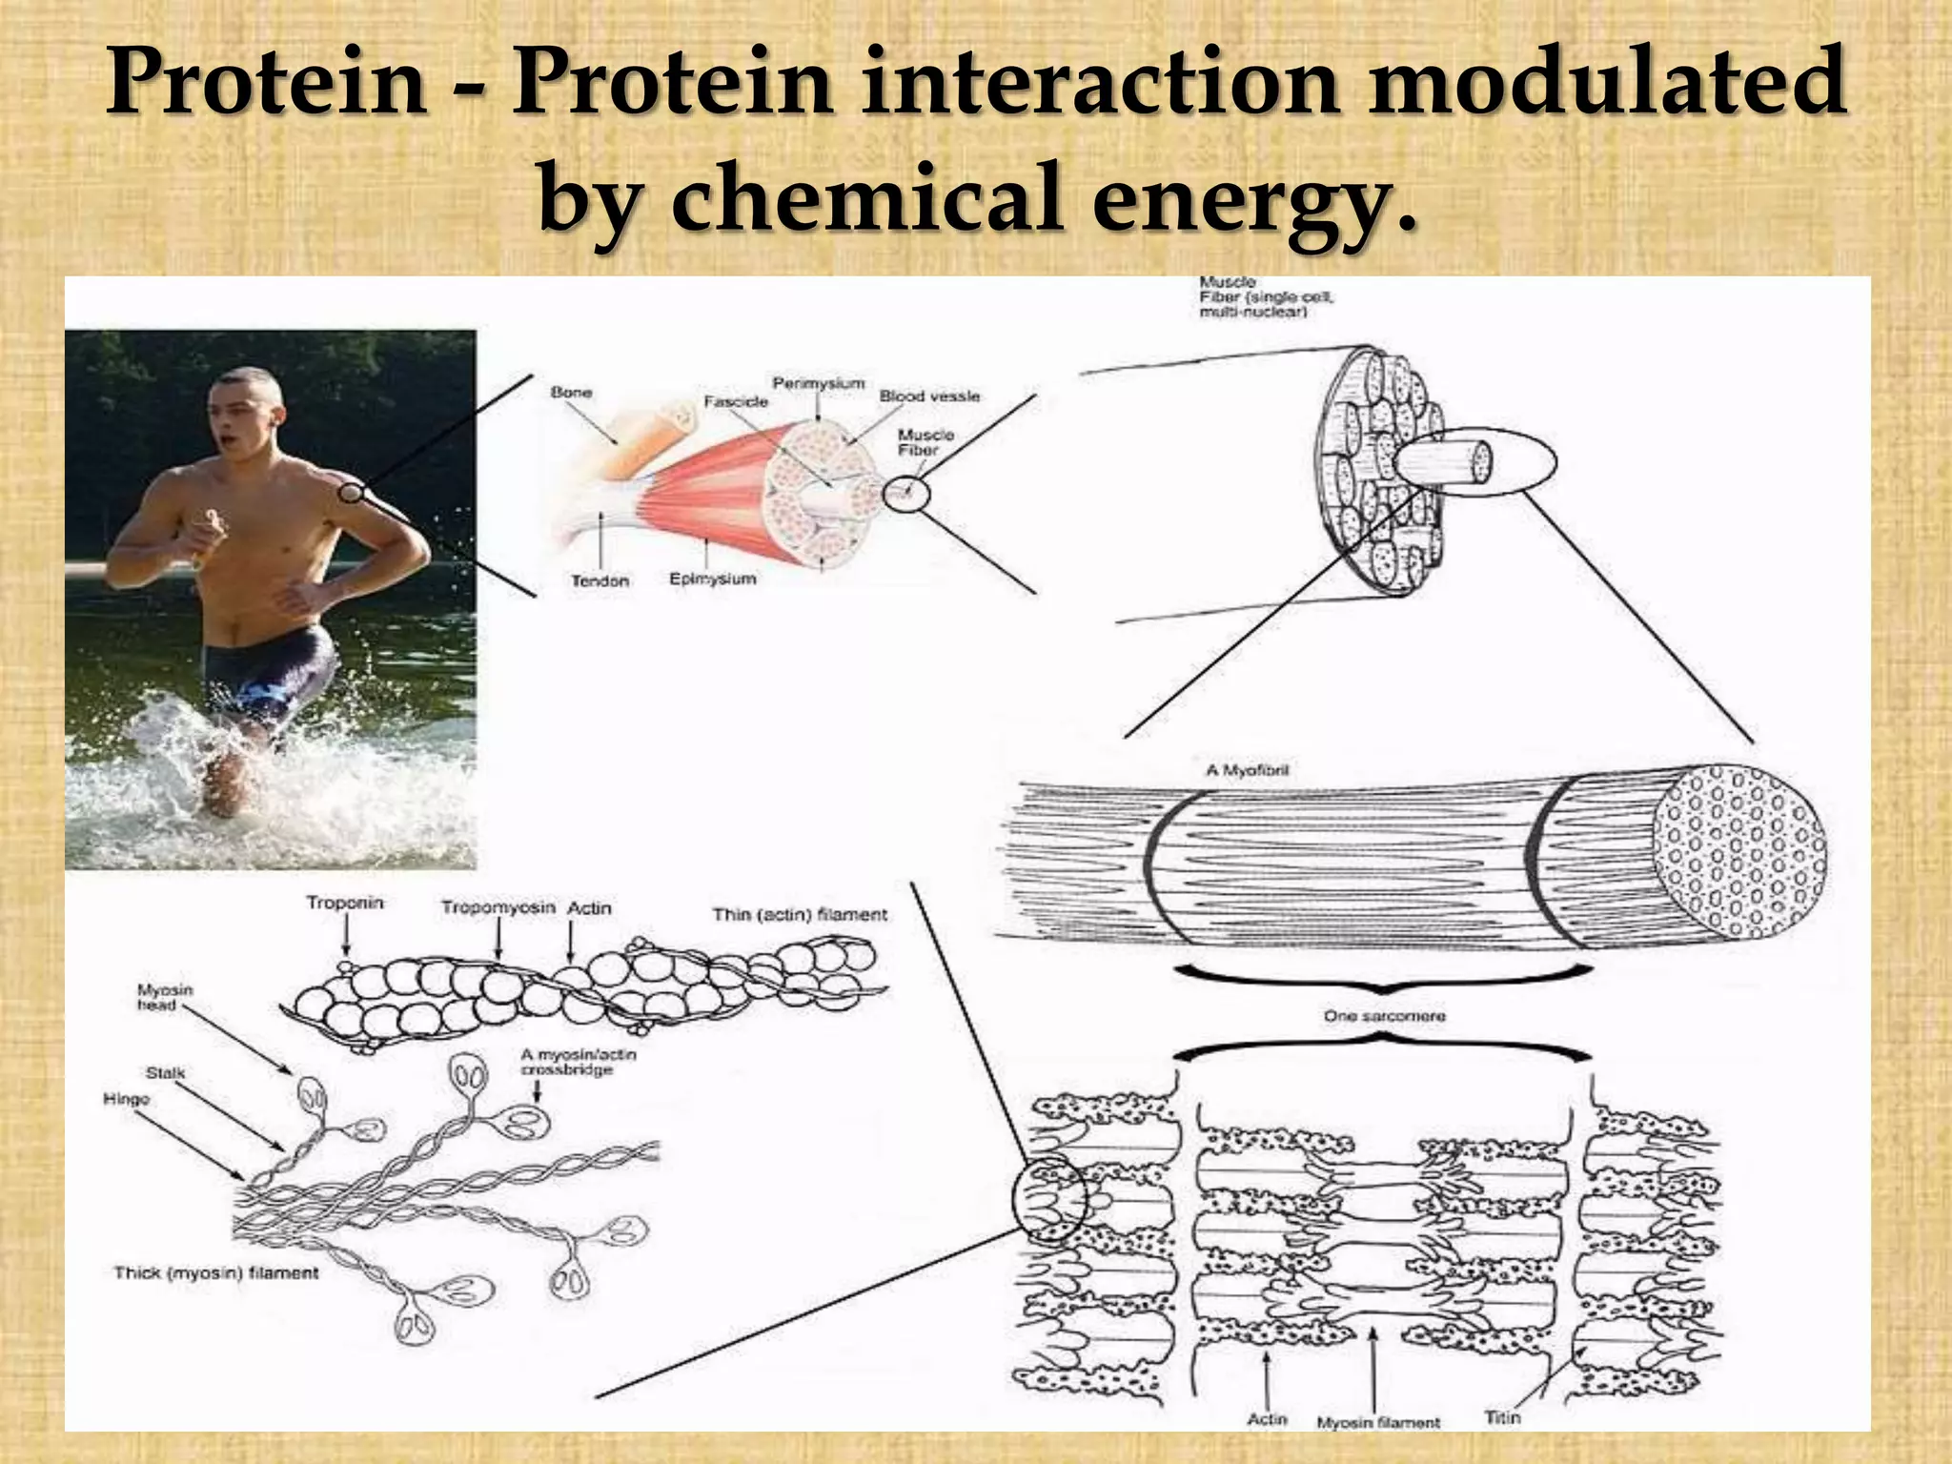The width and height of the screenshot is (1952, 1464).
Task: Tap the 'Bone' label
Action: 571,393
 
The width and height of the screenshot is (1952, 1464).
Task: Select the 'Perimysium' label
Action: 818,383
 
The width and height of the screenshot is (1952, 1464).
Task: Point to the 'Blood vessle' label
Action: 929,396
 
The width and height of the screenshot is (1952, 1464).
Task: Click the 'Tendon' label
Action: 600,580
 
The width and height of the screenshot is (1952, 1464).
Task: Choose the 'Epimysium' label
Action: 712,579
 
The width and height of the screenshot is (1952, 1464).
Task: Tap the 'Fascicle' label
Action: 736,402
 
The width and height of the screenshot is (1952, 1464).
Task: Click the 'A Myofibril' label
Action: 1247,769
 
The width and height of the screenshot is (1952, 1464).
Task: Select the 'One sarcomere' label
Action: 1384,1016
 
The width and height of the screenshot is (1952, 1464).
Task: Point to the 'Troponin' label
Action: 344,902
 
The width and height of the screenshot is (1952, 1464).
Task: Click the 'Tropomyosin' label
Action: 498,907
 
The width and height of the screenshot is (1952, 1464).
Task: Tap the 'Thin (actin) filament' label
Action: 799,914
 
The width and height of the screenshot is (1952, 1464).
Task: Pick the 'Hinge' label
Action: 127,1099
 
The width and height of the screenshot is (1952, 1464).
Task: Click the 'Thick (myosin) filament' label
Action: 216,1272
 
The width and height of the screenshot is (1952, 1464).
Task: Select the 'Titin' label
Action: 1501,1416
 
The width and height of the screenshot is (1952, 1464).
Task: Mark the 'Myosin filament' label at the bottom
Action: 1378,1422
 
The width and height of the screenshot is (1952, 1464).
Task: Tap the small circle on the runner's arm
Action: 352,493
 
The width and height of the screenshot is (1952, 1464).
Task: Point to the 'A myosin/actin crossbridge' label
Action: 578,1062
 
